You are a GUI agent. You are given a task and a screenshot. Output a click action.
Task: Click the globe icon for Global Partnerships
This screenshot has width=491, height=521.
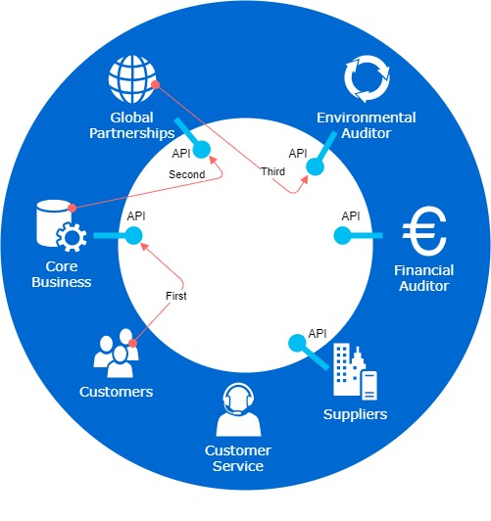(x=132, y=79)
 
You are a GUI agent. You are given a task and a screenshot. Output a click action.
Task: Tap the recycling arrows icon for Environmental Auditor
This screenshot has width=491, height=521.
(x=367, y=78)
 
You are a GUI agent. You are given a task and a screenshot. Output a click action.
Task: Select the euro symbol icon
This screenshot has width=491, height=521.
(x=424, y=231)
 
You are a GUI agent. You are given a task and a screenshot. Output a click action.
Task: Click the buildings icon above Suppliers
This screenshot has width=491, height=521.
(x=355, y=371)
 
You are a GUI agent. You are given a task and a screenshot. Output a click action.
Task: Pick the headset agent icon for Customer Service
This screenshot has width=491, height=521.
(x=239, y=409)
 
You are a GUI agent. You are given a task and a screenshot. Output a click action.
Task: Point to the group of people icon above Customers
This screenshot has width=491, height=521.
(x=116, y=353)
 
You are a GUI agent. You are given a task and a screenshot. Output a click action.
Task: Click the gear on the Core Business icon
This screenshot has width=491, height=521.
(x=72, y=237)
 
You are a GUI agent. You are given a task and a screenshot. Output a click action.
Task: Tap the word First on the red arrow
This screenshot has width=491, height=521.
(x=176, y=296)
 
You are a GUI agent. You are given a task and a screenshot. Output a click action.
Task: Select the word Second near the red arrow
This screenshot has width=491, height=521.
(x=187, y=174)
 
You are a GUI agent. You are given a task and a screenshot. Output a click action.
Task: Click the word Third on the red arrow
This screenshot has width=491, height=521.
(x=272, y=171)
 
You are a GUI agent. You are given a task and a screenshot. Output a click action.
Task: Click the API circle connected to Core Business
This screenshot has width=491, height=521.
(x=133, y=236)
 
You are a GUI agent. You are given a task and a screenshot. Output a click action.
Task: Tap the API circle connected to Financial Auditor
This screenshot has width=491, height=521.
(x=342, y=236)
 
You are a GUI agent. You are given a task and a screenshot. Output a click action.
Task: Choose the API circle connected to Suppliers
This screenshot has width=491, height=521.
(x=297, y=343)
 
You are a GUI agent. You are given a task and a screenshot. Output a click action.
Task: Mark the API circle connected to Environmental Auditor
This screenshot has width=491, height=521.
(x=315, y=166)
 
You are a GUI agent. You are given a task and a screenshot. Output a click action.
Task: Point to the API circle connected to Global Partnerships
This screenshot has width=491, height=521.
(x=202, y=150)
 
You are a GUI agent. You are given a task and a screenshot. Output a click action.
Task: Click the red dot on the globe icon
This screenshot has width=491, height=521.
(x=155, y=85)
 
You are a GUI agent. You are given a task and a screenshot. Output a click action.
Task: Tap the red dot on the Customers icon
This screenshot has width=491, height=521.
(x=132, y=343)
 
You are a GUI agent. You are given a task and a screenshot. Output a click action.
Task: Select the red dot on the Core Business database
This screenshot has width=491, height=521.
(x=73, y=209)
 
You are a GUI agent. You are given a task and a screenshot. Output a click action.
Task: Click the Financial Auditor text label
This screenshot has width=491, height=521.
(x=423, y=278)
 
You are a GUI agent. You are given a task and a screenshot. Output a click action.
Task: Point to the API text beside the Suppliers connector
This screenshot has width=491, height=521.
(x=318, y=334)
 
